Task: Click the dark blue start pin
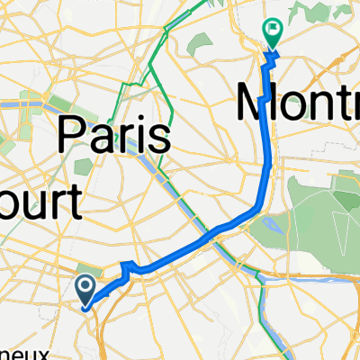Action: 85,288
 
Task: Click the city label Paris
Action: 115,137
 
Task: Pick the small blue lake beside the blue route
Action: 273,224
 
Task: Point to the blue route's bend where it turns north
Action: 261,209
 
